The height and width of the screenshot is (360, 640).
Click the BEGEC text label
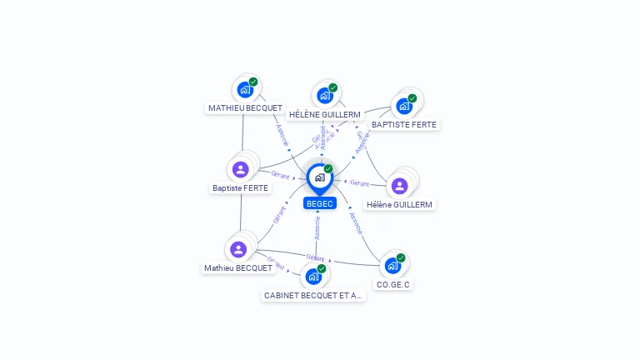[x=320, y=203]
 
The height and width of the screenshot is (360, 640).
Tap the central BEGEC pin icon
[x=320, y=177]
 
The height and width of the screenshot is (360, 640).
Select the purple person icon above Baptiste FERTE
[x=241, y=170]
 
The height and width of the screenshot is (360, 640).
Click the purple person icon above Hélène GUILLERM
[x=399, y=185]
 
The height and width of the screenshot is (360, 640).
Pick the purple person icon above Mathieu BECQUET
[x=238, y=249]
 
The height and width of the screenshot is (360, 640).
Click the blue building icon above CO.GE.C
[x=392, y=266]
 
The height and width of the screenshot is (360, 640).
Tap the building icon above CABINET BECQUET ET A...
[x=313, y=277]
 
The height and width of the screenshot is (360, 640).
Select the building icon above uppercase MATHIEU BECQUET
[x=245, y=90]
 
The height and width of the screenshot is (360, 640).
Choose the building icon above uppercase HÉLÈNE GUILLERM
[x=324, y=96]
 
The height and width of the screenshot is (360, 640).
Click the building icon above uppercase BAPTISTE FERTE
[x=404, y=106]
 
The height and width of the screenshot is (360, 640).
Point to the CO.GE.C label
[x=393, y=285]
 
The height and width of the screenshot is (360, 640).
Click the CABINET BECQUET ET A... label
[x=313, y=296]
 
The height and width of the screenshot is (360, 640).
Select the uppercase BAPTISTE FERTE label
[x=404, y=125]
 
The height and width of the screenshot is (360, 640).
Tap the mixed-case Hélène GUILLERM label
[x=400, y=204]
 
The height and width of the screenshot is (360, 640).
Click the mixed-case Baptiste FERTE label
[x=241, y=188]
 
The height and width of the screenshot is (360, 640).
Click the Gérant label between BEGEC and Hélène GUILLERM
[x=359, y=182]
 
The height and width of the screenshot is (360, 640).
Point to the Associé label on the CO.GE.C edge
[x=355, y=223]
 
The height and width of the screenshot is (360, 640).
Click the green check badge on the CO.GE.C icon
[x=401, y=258]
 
